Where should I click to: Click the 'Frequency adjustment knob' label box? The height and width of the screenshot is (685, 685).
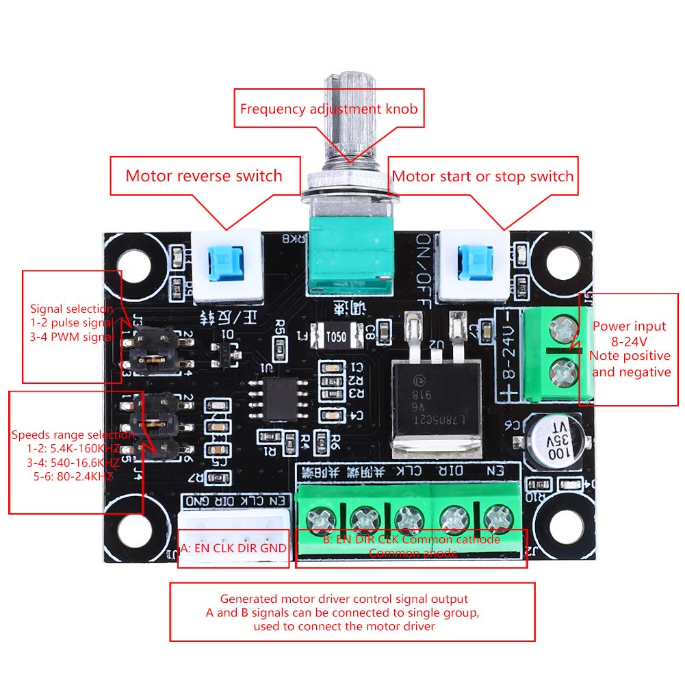point(328,108)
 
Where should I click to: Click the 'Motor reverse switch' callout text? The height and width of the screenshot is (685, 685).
point(203,176)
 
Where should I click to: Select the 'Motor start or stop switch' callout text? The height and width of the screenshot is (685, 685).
point(482,177)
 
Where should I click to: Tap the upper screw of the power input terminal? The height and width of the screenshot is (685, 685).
point(563,331)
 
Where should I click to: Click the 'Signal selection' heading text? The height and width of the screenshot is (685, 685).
point(71,309)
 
